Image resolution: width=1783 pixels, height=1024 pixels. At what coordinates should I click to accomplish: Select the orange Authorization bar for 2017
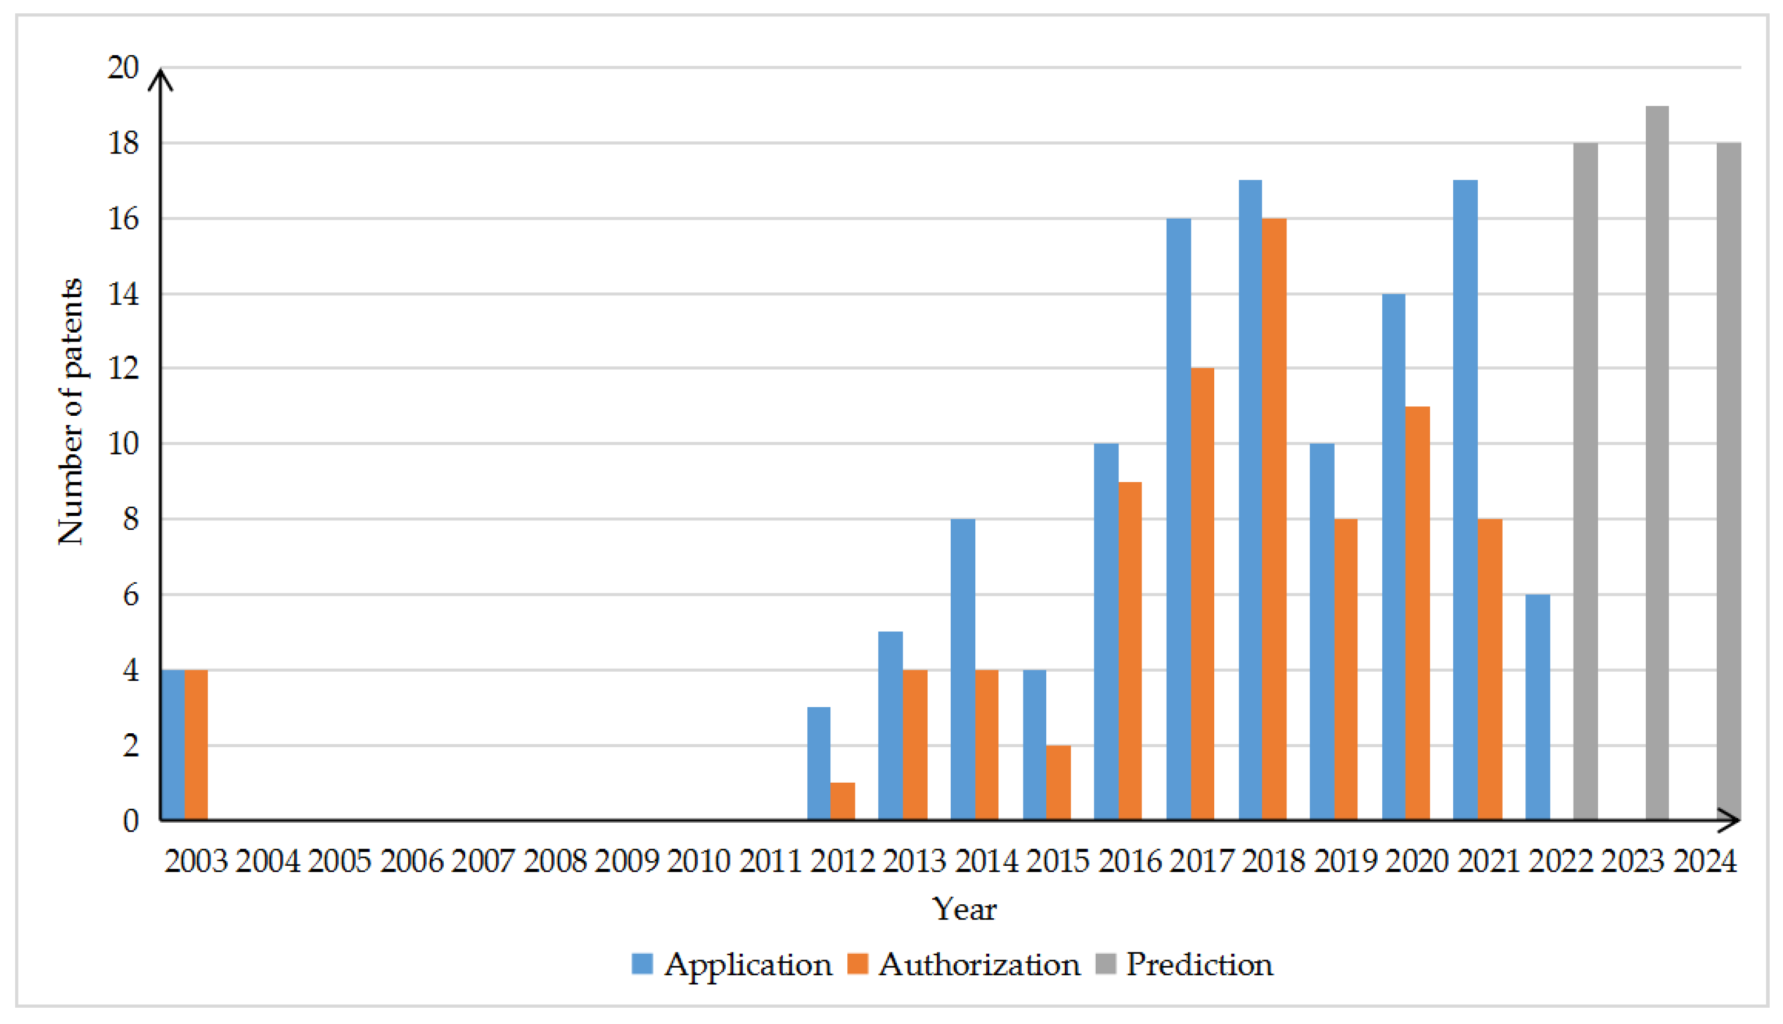click(1203, 594)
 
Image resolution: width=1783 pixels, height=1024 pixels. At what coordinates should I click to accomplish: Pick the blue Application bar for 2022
click(1538, 707)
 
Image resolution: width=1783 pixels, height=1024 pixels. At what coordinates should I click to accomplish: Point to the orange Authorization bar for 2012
click(843, 801)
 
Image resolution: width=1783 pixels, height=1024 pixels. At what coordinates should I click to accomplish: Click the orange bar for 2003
click(196, 745)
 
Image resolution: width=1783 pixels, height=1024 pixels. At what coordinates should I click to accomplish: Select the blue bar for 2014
click(963, 669)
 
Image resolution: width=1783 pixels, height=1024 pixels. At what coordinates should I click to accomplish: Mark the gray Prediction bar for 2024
click(1729, 481)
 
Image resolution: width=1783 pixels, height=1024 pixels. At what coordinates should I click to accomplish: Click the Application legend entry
click(732, 964)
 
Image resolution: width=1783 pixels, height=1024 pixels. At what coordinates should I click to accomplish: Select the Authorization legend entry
click(964, 964)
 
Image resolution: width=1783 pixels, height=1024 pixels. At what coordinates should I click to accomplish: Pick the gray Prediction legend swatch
click(1106, 964)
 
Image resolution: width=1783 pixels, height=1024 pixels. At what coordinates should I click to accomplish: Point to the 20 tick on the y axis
click(124, 68)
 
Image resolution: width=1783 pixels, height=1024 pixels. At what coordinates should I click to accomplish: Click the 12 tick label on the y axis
click(124, 369)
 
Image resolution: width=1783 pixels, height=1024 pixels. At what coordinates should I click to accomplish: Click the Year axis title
click(964, 909)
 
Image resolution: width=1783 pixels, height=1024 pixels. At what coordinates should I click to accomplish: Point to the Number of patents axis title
click(70, 412)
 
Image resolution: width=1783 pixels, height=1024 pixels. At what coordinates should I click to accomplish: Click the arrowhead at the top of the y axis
click(161, 76)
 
